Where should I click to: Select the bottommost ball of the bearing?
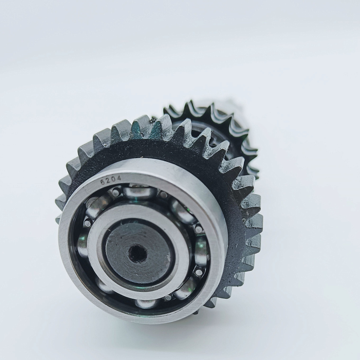tap(146, 303)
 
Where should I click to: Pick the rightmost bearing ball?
tap(201, 251)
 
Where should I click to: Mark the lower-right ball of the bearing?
tap(185, 290)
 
